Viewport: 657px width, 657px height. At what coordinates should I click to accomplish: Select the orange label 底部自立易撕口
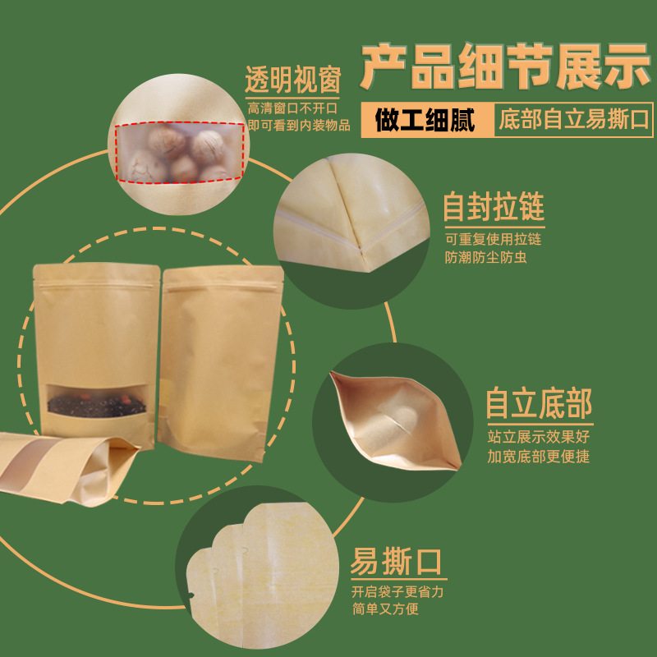click(x=573, y=121)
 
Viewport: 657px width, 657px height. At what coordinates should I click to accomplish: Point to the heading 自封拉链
click(x=494, y=206)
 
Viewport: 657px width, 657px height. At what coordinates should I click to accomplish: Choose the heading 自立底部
click(x=538, y=403)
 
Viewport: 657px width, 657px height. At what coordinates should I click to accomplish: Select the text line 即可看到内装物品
click(x=299, y=125)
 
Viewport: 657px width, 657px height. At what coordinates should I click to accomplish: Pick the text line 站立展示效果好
click(x=538, y=438)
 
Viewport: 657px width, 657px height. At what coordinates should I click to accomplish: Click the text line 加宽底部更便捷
click(x=538, y=457)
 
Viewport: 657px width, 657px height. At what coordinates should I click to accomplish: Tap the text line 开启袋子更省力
click(x=397, y=592)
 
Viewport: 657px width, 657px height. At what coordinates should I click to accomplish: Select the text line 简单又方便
click(x=385, y=609)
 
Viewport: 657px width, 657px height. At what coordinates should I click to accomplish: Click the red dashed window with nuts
click(x=179, y=152)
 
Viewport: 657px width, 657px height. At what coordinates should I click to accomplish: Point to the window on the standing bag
click(x=97, y=400)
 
